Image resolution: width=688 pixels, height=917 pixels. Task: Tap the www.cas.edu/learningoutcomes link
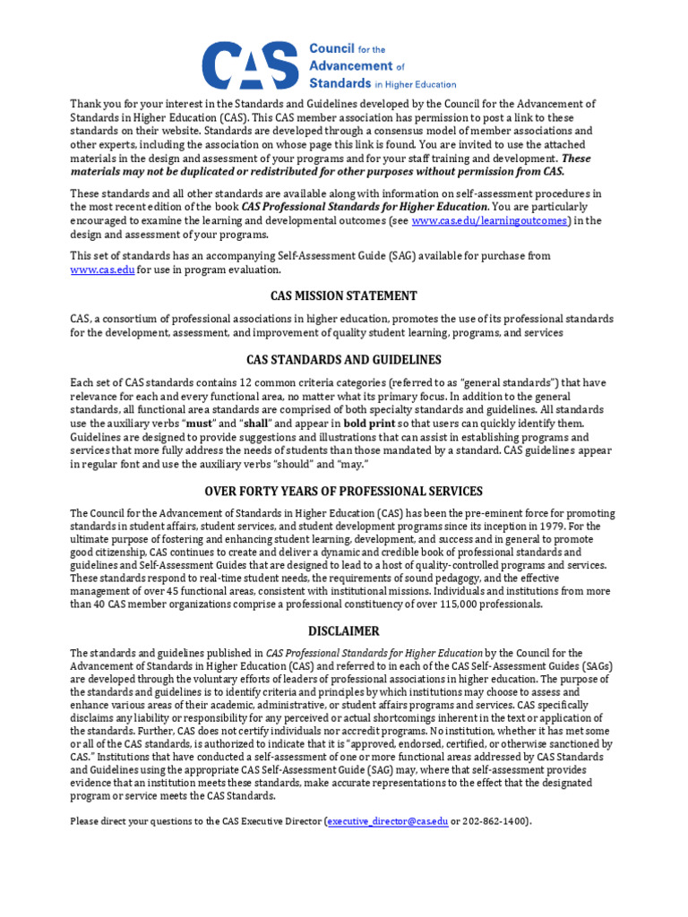pos(490,221)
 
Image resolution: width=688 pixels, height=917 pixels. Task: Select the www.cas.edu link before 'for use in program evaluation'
pos(103,270)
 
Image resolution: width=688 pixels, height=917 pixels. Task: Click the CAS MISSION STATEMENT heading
pos(344,296)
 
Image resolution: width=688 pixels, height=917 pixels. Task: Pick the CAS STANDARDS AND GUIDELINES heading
pos(344,359)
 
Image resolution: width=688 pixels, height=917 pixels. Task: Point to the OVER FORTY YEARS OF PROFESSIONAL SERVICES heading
pos(344,491)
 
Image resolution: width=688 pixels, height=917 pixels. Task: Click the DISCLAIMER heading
pos(344,630)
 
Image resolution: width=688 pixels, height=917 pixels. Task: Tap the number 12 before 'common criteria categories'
pos(219,383)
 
